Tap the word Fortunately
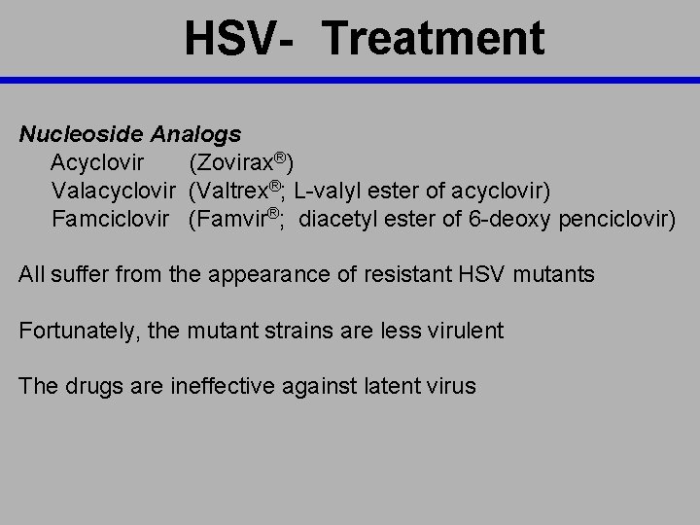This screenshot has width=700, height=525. pos(81,331)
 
